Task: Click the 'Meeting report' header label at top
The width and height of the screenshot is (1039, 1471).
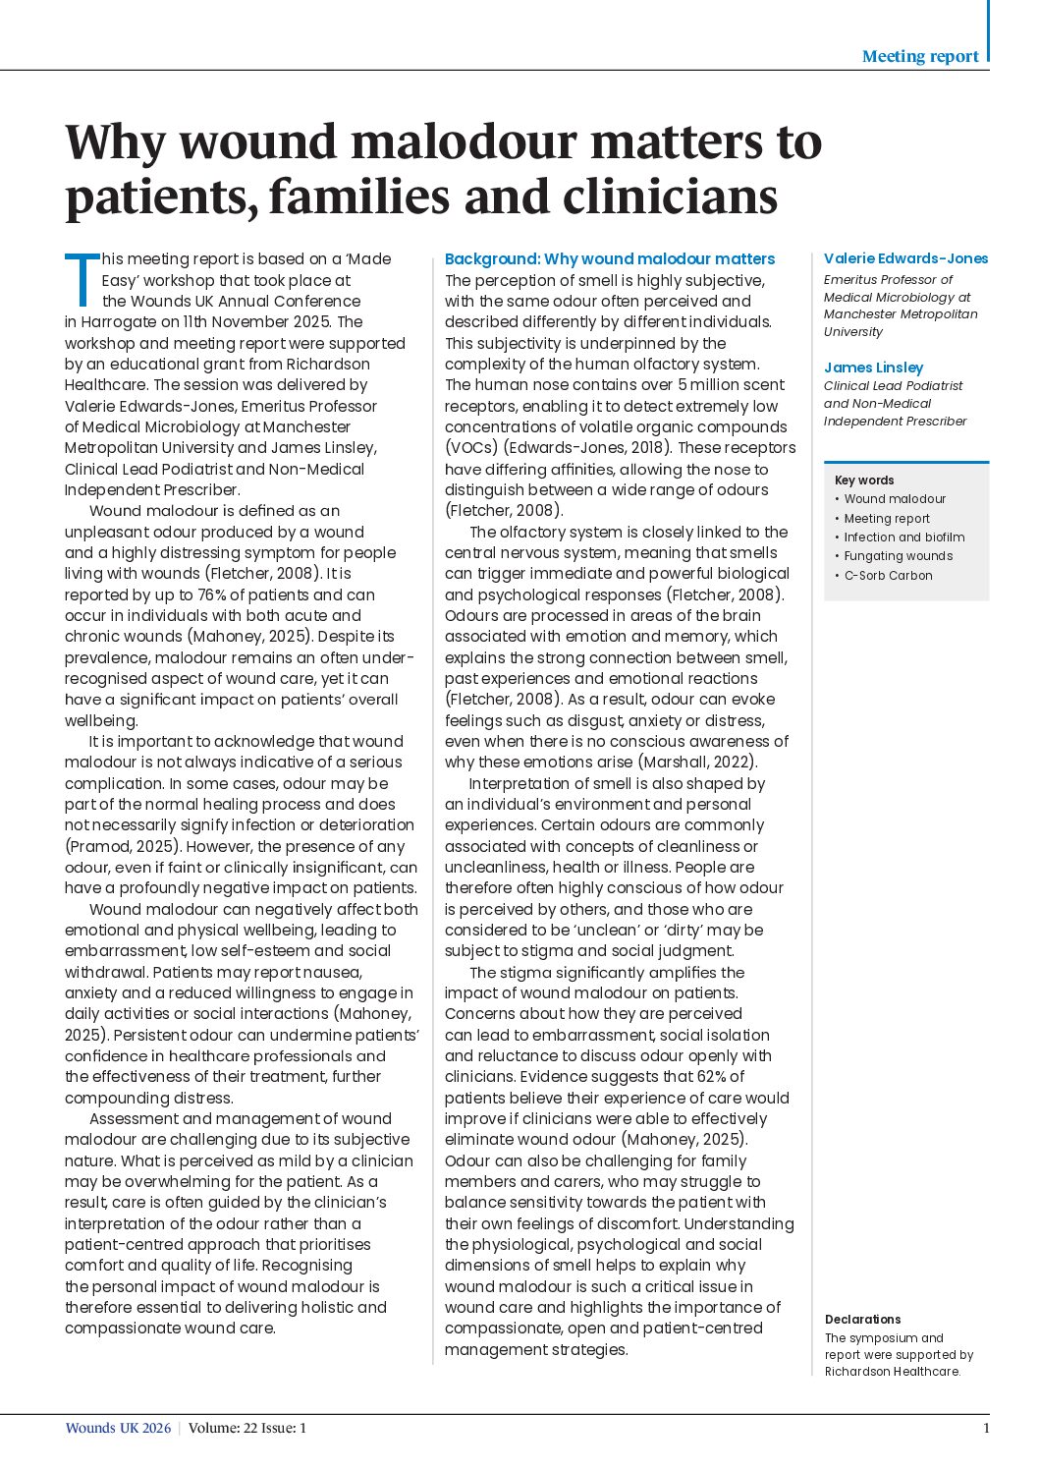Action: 919,57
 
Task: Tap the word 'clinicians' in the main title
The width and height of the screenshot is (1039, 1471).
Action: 670,197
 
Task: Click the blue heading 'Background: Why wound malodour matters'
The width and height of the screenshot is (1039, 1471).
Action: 609,259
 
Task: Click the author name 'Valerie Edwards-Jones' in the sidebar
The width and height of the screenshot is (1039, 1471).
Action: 905,258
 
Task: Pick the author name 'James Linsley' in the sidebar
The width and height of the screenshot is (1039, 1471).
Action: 873,368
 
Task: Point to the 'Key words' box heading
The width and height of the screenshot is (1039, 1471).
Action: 864,481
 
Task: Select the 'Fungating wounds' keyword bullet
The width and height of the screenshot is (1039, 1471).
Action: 898,556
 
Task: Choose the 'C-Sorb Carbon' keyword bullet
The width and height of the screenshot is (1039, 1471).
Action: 888,576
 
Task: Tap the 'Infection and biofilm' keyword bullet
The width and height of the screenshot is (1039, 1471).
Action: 903,537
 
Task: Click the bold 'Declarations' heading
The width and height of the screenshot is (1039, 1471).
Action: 862,1320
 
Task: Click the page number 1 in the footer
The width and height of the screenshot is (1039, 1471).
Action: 986,1429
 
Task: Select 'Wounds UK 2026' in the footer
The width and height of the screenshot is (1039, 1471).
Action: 118,1429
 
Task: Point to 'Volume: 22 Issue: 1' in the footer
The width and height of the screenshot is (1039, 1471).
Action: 246,1429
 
